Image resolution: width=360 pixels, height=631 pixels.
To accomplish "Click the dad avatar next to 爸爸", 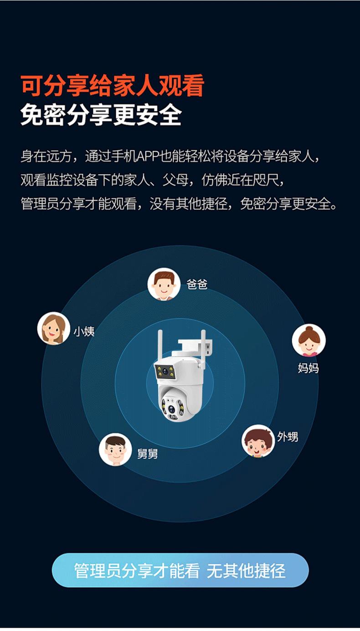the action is click(164, 284).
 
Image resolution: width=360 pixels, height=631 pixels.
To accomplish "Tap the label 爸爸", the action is click(197, 284).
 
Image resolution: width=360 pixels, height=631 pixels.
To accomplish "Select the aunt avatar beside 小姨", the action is click(53, 328).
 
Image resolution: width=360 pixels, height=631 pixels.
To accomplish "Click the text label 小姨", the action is click(84, 331).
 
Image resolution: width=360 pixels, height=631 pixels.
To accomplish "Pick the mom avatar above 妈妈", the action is click(309, 340).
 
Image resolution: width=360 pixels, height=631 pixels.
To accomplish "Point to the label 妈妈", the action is click(308, 368).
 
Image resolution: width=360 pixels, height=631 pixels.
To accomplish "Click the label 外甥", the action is click(288, 437).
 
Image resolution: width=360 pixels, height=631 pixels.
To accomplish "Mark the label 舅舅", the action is click(148, 454).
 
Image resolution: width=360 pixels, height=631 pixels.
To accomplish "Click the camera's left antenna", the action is click(160, 345).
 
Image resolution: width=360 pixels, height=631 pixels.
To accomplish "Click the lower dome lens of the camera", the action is click(172, 409).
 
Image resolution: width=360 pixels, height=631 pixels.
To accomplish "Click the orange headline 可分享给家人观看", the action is click(113, 85).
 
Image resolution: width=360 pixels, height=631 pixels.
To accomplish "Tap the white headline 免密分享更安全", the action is click(101, 114).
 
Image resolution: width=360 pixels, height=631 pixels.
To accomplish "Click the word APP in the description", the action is click(148, 156).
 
